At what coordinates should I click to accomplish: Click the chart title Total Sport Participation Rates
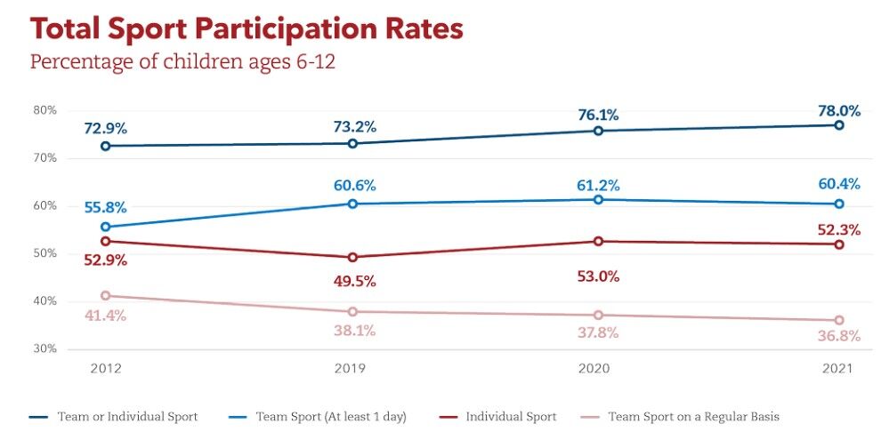pyautogui.click(x=246, y=28)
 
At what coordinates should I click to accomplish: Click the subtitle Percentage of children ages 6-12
pyautogui.click(x=182, y=63)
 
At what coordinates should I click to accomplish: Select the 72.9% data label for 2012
pyautogui.click(x=106, y=129)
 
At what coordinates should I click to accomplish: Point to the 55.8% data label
pyautogui.click(x=106, y=207)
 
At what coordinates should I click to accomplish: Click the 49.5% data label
pyautogui.click(x=353, y=281)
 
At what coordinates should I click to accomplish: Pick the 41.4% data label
pyautogui.click(x=106, y=316)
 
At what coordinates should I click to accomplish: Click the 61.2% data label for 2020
pyautogui.click(x=597, y=185)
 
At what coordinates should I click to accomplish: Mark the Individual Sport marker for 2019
pyautogui.click(x=352, y=258)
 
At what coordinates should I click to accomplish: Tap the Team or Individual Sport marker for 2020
pyautogui.click(x=598, y=131)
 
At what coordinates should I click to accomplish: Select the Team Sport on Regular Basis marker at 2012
pyautogui.click(x=106, y=295)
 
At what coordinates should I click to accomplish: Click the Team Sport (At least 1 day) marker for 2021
pyautogui.click(x=838, y=204)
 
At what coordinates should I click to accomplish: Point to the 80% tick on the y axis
pyautogui.click(x=45, y=110)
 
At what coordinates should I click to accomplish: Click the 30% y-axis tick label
pyautogui.click(x=45, y=348)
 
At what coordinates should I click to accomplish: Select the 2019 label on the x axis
pyautogui.click(x=352, y=369)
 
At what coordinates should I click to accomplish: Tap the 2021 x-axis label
pyautogui.click(x=838, y=369)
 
